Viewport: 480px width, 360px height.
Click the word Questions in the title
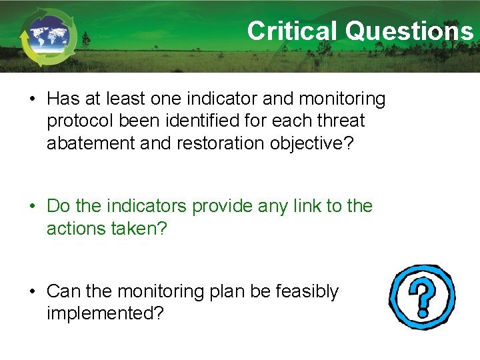click(x=409, y=31)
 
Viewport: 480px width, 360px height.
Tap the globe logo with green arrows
click(x=48, y=37)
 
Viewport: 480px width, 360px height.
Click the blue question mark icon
click(x=423, y=297)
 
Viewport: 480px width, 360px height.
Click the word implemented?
click(x=105, y=313)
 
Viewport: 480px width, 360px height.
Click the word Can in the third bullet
click(x=63, y=292)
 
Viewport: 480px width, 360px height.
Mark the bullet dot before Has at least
click(x=32, y=100)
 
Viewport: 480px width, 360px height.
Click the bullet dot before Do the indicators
click(x=32, y=207)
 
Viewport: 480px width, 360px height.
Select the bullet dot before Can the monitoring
click(x=32, y=293)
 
